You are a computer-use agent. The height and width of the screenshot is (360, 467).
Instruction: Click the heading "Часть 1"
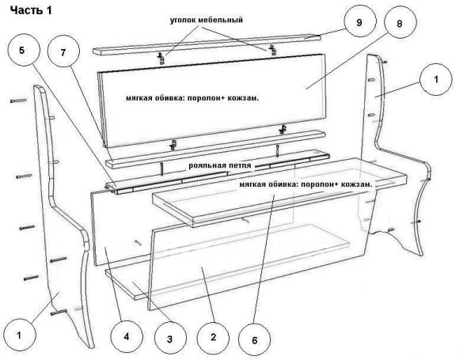pyautogui.click(x=31, y=10)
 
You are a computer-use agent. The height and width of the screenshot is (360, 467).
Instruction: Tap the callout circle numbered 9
pyautogui.click(x=359, y=21)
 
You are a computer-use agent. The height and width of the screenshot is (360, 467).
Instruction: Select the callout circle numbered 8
pyautogui.click(x=400, y=24)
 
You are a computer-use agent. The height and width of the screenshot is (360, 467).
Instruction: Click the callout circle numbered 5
pyautogui.click(x=21, y=50)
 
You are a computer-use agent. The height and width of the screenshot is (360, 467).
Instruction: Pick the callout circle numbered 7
pyautogui.click(x=63, y=51)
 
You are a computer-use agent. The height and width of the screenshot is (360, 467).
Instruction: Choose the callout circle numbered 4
pyautogui.click(x=127, y=337)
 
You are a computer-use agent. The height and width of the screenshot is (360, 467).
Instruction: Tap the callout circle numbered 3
pyautogui.click(x=169, y=339)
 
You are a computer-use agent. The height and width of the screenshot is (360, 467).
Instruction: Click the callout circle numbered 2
pyautogui.click(x=213, y=337)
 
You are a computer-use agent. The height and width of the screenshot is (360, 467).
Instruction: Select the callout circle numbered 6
pyautogui.click(x=255, y=340)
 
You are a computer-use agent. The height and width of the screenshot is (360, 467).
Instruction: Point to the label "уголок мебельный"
pyautogui.click(x=207, y=20)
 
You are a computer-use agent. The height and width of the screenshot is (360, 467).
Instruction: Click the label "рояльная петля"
pyautogui.click(x=220, y=165)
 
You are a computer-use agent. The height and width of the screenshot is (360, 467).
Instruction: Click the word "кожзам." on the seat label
pyautogui.click(x=357, y=184)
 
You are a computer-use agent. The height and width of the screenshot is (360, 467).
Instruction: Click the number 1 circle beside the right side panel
pyautogui.click(x=436, y=79)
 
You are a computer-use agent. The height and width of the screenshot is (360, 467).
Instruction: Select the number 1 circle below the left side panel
pyautogui.click(x=19, y=335)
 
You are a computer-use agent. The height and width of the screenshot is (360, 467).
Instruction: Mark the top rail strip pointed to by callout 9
pyautogui.click(x=207, y=44)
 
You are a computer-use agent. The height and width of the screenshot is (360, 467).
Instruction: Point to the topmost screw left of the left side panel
pyautogui.click(x=18, y=101)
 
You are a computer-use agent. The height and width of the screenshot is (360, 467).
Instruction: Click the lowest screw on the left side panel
pyautogui.click(x=59, y=313)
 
